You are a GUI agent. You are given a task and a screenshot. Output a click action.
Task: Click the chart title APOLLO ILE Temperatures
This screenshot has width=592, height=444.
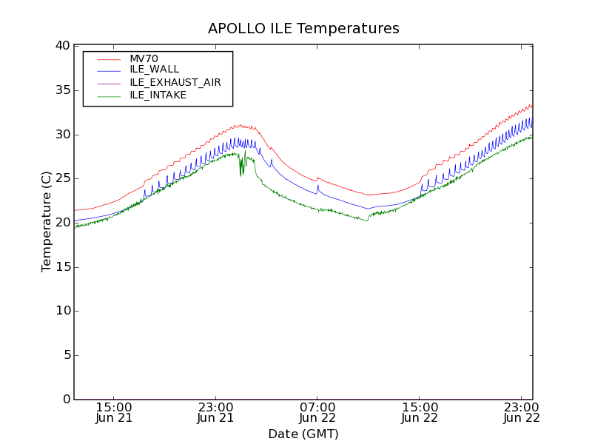(x=303, y=29)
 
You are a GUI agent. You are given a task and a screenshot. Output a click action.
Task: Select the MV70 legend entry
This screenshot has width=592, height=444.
(x=144, y=58)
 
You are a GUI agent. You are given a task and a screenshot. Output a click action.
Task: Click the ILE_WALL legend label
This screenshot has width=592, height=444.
(x=154, y=70)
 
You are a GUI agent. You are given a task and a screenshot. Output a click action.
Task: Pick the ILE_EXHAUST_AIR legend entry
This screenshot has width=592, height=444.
(x=175, y=82)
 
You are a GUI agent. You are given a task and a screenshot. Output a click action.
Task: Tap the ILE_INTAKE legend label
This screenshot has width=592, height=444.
(x=158, y=95)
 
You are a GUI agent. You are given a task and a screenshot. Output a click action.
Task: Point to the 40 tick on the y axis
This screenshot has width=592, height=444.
(x=61, y=46)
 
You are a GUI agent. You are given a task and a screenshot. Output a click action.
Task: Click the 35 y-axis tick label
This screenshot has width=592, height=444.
(x=61, y=90)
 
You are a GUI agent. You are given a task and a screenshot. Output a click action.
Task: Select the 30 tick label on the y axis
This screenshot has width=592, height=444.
(x=61, y=135)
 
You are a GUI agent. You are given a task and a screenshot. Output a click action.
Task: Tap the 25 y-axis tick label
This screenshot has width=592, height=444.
(x=61, y=178)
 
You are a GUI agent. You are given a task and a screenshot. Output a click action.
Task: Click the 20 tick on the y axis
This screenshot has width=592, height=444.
(x=61, y=223)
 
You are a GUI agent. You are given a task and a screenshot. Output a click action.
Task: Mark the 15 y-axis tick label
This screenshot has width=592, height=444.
(x=61, y=267)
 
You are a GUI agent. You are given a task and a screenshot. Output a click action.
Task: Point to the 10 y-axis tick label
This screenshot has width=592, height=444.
(x=61, y=311)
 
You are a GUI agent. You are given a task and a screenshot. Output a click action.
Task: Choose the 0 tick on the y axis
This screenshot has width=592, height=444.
(x=65, y=400)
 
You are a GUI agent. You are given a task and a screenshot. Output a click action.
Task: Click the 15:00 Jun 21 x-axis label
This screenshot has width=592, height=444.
(x=114, y=412)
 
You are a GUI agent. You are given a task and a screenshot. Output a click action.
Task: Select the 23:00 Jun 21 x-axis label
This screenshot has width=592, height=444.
(x=215, y=412)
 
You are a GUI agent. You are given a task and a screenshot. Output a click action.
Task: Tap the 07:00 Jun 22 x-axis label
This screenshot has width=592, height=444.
(x=317, y=412)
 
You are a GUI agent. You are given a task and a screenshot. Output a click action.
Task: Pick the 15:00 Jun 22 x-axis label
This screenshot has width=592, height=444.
(x=420, y=412)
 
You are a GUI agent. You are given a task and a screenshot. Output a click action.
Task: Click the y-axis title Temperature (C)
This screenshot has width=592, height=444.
(x=47, y=222)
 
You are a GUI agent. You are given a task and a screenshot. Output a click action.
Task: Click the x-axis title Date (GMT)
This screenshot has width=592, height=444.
(x=303, y=434)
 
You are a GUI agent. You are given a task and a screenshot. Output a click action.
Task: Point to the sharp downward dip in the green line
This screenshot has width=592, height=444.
(x=241, y=173)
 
